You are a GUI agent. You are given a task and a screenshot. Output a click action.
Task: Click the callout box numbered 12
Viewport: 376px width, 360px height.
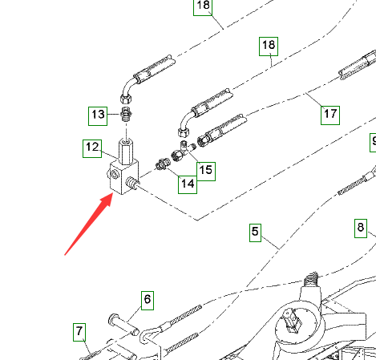click(92, 148)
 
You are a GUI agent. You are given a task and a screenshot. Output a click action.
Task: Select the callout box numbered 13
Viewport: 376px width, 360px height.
click(98, 116)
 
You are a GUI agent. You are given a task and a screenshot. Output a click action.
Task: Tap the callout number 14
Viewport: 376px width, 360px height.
click(188, 184)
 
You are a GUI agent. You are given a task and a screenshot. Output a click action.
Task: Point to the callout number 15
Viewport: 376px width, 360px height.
click(206, 172)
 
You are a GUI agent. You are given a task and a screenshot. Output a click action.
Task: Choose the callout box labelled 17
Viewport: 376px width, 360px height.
click(330, 115)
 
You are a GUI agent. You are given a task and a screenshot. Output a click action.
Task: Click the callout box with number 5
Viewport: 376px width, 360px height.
click(255, 233)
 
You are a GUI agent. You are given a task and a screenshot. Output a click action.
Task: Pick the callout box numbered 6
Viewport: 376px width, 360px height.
click(148, 301)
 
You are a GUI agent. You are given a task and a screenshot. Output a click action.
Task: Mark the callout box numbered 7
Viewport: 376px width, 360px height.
click(79, 332)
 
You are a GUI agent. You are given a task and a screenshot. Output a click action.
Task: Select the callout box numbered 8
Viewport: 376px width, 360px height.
click(361, 229)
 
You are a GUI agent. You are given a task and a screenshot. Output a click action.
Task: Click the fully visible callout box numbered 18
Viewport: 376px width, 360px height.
click(269, 47)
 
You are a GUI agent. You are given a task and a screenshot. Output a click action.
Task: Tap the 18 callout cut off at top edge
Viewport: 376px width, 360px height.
click(203, 7)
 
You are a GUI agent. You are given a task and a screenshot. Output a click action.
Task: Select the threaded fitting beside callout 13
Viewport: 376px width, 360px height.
click(126, 114)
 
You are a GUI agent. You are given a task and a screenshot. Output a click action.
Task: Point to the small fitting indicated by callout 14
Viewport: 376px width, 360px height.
click(162, 164)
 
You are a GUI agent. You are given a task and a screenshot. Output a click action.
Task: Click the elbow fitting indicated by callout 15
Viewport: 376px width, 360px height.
click(182, 152)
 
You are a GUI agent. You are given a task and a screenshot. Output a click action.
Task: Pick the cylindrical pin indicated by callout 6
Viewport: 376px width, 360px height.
click(123, 325)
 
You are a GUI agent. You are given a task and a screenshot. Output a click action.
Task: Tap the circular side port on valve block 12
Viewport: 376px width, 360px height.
click(115, 175)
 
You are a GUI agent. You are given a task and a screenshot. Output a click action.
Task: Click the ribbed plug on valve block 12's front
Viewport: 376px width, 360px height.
click(132, 184)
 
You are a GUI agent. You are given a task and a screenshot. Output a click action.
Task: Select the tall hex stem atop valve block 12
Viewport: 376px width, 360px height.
click(126, 151)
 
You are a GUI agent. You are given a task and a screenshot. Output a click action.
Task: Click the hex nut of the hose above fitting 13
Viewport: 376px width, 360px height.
click(126, 99)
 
